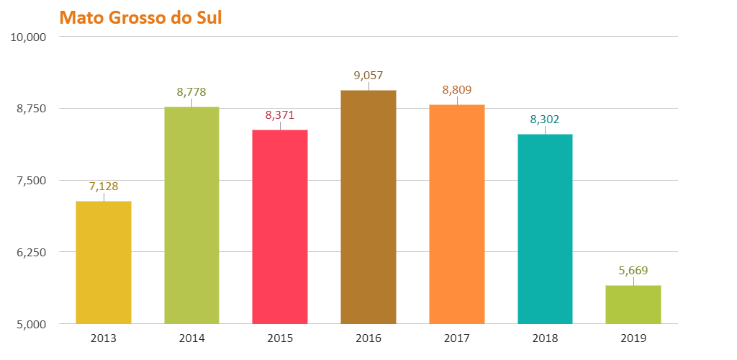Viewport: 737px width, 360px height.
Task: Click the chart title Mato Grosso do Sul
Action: tap(140, 17)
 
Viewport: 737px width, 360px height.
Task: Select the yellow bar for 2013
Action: tap(104, 262)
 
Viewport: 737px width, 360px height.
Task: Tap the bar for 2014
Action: tap(191, 215)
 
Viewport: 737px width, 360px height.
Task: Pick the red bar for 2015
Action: tap(280, 227)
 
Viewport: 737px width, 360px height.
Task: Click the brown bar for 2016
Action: tap(368, 207)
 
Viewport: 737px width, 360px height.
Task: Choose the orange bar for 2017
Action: tap(457, 214)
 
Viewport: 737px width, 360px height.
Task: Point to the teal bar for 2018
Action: tap(545, 229)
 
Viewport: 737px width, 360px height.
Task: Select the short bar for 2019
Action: tap(633, 305)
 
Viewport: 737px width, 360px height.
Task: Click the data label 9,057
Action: tap(368, 75)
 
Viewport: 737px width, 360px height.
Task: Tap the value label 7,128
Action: tap(104, 186)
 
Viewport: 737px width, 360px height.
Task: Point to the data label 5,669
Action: tap(633, 271)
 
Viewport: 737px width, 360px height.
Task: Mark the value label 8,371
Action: tap(280, 115)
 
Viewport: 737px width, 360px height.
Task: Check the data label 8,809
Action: tap(457, 90)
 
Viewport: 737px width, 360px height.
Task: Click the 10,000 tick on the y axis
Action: tap(28, 37)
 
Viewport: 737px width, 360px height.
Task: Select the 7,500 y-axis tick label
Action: tap(31, 181)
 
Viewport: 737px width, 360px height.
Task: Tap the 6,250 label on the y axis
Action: tap(31, 253)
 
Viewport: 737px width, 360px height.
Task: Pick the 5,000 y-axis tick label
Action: tap(31, 325)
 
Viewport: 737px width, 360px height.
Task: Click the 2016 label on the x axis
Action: tap(368, 338)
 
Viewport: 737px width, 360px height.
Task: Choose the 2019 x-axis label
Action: tap(633, 338)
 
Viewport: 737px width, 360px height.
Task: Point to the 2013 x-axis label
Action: tap(104, 338)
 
